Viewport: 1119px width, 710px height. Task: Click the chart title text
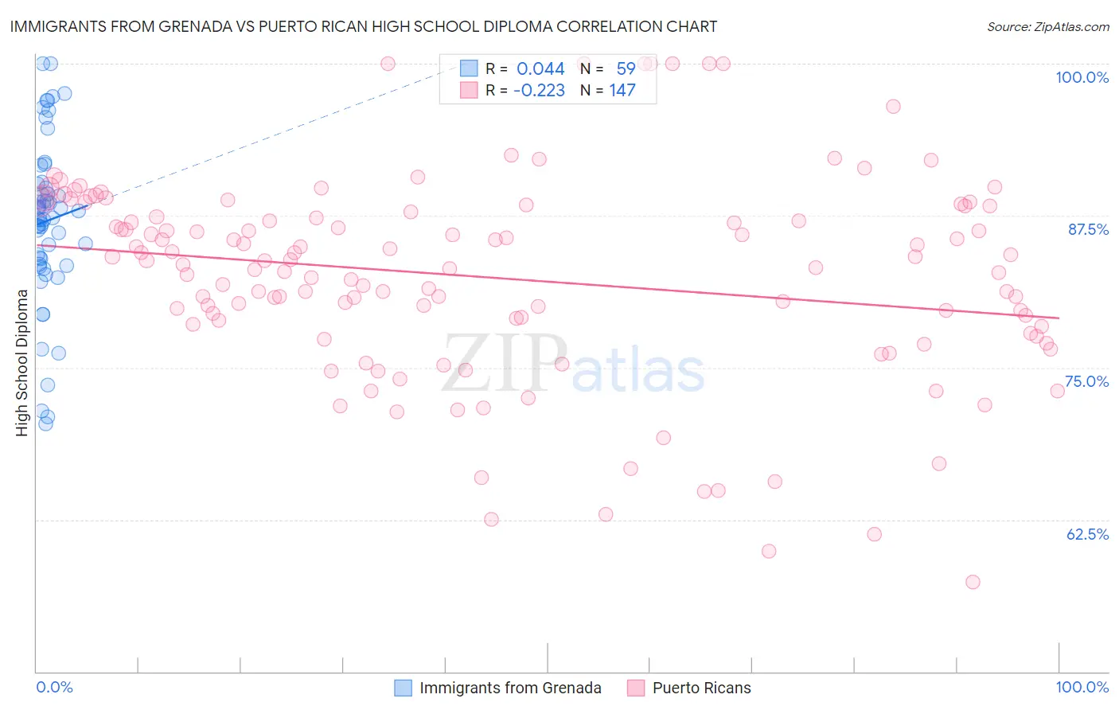(364, 26)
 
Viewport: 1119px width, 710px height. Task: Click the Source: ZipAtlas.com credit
(1047, 26)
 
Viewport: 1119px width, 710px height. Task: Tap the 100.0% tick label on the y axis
(1082, 77)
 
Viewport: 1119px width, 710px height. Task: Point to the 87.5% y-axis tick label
(1088, 229)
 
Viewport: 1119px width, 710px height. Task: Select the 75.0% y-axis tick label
(1086, 381)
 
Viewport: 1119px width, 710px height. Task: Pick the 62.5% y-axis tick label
(1087, 534)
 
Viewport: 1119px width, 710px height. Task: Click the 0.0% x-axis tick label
(54, 687)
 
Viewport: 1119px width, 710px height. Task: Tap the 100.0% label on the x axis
(1082, 687)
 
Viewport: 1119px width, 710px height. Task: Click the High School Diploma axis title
(22, 362)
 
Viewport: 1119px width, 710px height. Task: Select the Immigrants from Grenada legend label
(510, 688)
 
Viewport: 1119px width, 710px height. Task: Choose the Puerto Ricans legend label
(701, 688)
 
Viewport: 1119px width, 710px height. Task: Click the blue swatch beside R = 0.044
(469, 68)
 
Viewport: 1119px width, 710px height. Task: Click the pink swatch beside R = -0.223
(469, 90)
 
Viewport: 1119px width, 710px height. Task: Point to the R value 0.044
(540, 68)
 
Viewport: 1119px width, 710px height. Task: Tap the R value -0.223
(539, 90)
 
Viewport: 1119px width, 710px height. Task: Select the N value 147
(622, 90)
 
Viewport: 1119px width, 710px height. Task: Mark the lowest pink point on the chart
(973, 582)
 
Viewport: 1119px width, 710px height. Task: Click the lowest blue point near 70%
(45, 423)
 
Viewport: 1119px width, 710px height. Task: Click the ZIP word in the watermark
(505, 364)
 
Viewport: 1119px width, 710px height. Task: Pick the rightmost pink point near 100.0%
(1057, 391)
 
